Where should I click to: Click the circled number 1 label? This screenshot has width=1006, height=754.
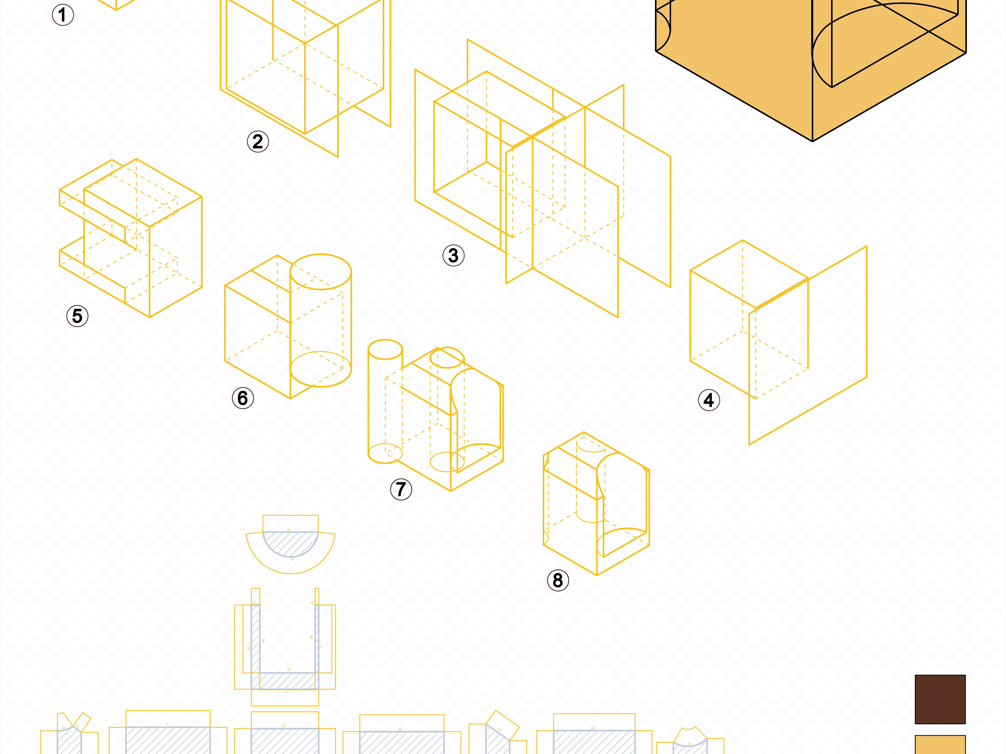click(x=63, y=15)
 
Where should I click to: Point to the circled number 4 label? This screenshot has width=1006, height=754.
click(x=709, y=400)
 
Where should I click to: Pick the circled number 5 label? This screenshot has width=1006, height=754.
click(x=77, y=316)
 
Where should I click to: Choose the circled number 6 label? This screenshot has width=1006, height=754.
click(x=243, y=398)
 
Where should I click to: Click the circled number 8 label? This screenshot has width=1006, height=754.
click(x=558, y=580)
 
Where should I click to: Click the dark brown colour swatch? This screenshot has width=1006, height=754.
click(x=940, y=699)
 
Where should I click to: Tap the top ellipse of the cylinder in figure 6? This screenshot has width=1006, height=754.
click(x=321, y=272)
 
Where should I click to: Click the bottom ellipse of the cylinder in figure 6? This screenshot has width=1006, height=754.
click(x=321, y=369)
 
